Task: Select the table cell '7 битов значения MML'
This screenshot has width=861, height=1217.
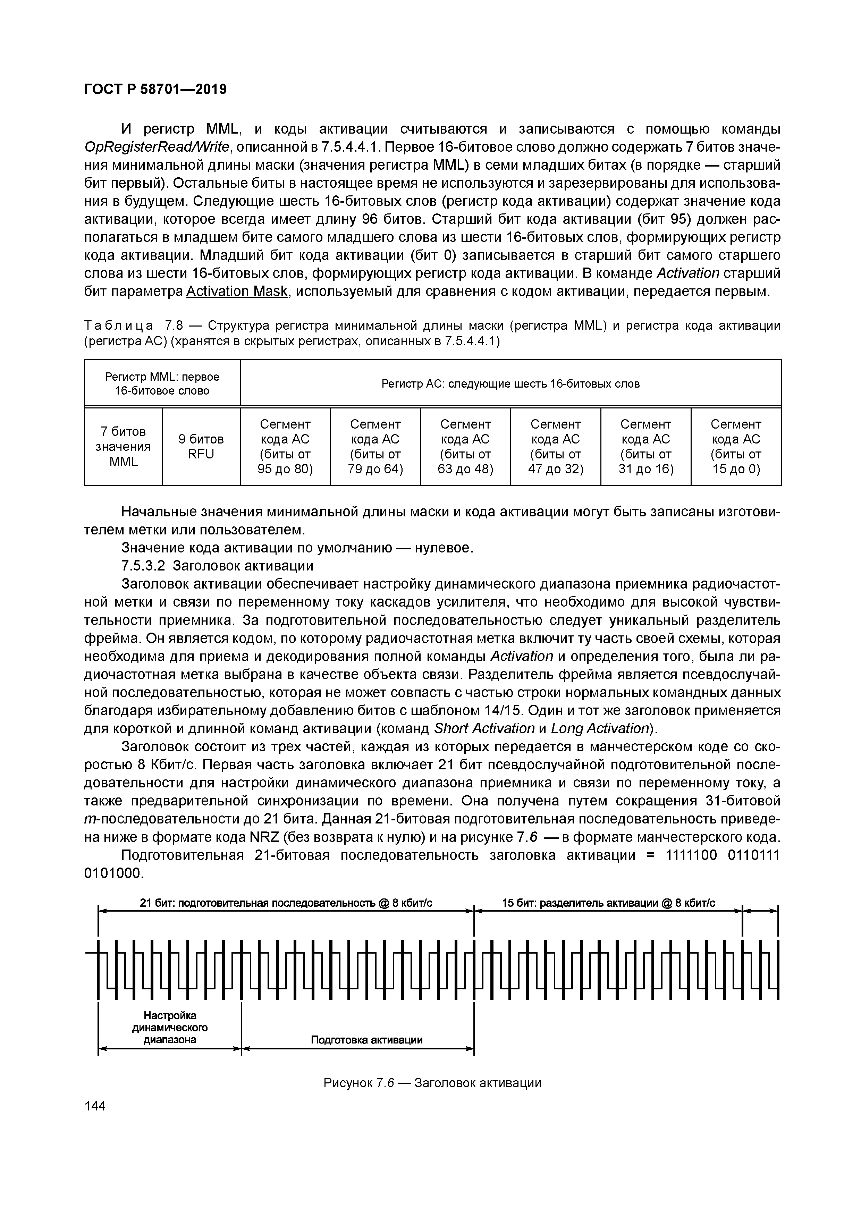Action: click(123, 446)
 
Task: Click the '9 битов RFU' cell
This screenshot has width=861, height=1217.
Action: click(201, 446)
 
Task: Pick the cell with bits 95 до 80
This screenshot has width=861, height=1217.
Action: click(285, 446)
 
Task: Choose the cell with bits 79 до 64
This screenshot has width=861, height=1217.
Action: click(375, 446)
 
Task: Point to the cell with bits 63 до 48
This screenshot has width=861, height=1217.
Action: click(465, 446)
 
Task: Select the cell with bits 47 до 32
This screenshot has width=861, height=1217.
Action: click(556, 446)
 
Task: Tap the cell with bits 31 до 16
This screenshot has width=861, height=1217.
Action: click(646, 446)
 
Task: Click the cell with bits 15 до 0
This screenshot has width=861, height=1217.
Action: click(736, 446)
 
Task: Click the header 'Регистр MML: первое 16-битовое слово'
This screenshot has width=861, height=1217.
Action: click(162, 383)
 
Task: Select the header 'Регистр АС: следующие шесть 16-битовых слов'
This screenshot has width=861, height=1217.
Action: click(510, 383)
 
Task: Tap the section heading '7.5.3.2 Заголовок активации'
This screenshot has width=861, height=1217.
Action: click(217, 566)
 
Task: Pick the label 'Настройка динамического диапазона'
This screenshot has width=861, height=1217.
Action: click(170, 1027)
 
